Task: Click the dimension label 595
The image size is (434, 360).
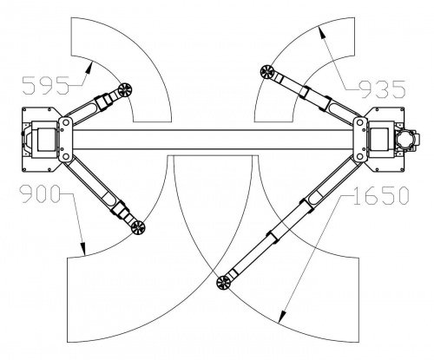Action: (46, 85)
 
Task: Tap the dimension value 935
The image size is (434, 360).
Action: (383, 88)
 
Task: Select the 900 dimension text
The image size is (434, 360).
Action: (40, 193)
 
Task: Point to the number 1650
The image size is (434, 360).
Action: (381, 195)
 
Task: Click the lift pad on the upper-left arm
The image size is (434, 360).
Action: (126, 89)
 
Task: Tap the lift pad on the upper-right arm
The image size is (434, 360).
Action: (267, 72)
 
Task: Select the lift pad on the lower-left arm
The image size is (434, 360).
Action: (138, 227)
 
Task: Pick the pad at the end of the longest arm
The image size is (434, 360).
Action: (224, 283)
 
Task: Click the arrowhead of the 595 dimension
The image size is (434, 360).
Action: (89, 68)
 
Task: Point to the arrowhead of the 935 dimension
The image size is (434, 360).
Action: (321, 32)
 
